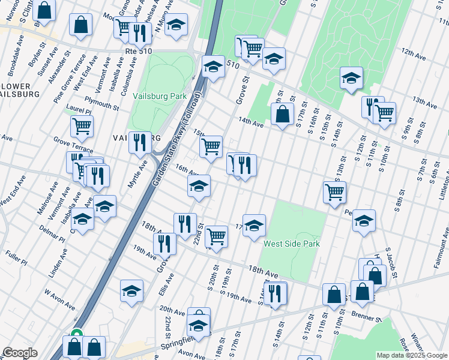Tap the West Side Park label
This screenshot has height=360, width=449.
click(x=292, y=244)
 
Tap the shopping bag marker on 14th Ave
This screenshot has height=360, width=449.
click(x=282, y=114)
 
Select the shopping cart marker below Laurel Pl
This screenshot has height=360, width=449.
click(x=82, y=127)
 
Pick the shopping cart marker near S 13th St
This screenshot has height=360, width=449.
click(x=335, y=193)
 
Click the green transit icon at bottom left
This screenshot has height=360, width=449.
click(x=76, y=334)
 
